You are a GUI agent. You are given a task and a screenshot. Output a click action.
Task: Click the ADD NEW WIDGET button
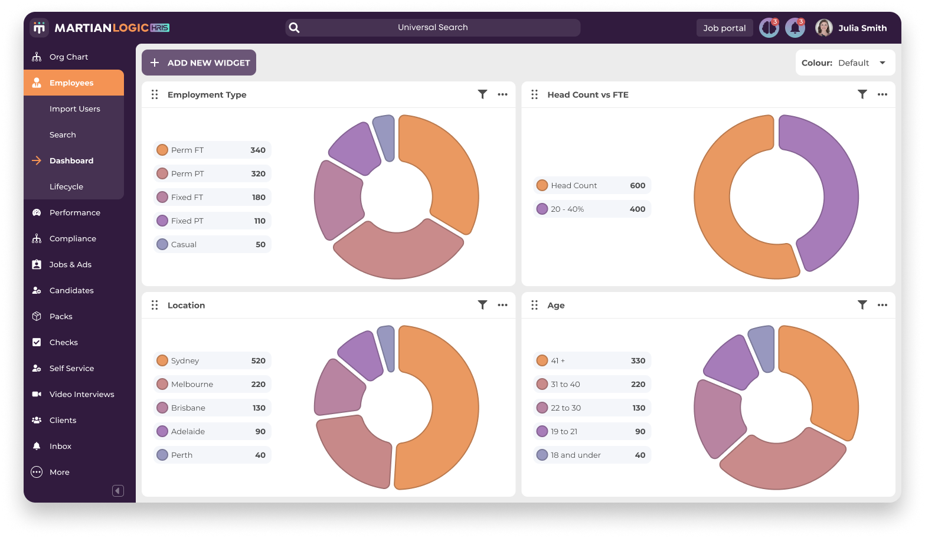(x=199, y=63)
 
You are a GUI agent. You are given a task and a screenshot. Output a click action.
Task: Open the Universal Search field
(x=432, y=28)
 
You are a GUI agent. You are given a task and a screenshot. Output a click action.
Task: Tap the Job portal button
(x=724, y=28)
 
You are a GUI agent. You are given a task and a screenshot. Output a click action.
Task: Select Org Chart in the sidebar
(x=68, y=57)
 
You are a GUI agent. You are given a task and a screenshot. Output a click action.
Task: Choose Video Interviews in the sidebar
(x=81, y=394)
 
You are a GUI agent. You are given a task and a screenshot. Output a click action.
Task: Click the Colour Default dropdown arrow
(x=882, y=63)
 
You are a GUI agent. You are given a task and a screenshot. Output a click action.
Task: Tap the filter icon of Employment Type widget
(x=482, y=94)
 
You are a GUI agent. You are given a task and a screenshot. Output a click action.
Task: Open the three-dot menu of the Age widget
(x=882, y=305)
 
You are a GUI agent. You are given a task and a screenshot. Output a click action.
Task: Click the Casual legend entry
(x=212, y=244)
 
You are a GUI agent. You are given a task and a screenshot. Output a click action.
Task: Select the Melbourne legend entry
(x=212, y=384)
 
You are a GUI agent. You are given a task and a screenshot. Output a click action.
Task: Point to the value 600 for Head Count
(x=638, y=185)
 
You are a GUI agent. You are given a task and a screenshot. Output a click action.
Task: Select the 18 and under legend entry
(x=591, y=455)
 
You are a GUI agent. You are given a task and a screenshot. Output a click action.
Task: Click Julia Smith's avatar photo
(x=823, y=28)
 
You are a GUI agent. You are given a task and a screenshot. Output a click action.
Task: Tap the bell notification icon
(x=795, y=28)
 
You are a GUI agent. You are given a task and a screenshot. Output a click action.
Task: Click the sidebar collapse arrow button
(x=118, y=491)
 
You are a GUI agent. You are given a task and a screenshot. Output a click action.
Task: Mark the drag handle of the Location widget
(x=155, y=305)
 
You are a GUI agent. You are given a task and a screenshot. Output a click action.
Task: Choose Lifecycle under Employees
(x=66, y=186)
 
